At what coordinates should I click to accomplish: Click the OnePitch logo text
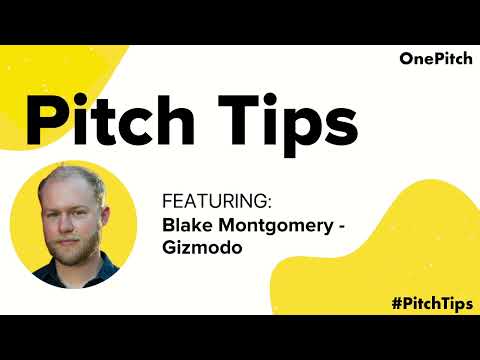pyautogui.click(x=431, y=59)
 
